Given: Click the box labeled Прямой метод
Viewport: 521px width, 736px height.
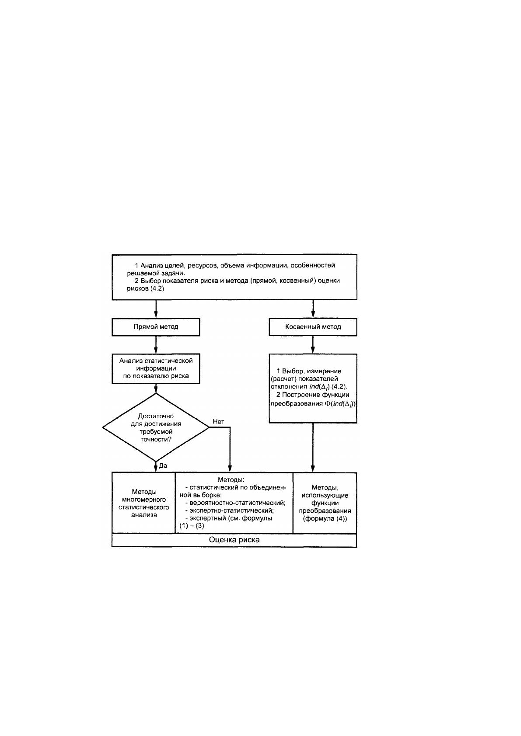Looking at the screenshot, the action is (156, 326).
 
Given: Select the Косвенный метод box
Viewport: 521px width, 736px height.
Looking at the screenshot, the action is (313, 326).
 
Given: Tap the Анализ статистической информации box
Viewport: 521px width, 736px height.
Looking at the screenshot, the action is (156, 368).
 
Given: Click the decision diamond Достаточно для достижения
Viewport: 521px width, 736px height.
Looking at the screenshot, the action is (156, 427).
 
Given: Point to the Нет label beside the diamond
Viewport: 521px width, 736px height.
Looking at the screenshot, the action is (218, 422).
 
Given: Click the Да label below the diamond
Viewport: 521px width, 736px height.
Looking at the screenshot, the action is (163, 466).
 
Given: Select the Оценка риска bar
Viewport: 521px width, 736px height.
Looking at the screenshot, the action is (234, 540).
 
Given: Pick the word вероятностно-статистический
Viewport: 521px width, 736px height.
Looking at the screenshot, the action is (238, 503).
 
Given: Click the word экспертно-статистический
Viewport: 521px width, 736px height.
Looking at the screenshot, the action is (231, 510).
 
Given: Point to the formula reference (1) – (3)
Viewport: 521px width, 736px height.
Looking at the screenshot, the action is (192, 526).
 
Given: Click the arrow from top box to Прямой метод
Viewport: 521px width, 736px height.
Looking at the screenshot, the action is (156, 309).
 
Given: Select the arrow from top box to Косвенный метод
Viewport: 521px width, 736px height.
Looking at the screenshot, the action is (313, 309).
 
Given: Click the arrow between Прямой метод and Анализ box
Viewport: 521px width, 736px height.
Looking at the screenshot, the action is (156, 345).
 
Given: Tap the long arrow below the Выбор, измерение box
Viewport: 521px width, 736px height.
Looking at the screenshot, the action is (313, 448).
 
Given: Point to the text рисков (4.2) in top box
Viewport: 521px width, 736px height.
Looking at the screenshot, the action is (145, 288).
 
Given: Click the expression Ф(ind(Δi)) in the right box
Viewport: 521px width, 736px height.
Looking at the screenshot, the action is (340, 404).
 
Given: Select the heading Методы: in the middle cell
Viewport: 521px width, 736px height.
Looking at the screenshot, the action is (231, 480).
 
